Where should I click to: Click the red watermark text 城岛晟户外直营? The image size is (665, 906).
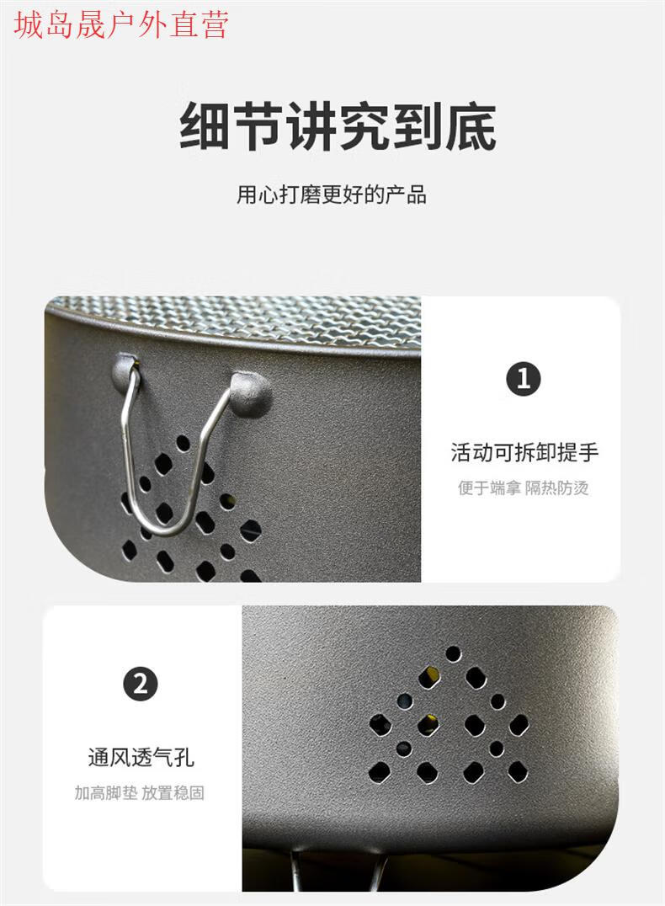pos(121,24)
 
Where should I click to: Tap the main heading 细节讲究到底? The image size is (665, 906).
pos(338,126)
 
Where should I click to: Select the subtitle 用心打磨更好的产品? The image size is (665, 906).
pos(332,195)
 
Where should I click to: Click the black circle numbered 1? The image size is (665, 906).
pos(524,379)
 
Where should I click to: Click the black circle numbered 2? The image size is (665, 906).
pos(141,684)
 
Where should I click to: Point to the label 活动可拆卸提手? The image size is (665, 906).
pos(524,452)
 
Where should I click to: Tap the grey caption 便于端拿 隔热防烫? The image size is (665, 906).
pos(524,488)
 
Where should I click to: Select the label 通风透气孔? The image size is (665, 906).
pos(141,756)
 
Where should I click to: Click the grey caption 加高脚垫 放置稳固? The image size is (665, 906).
pos(140,792)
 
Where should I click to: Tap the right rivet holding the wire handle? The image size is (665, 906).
pos(251,393)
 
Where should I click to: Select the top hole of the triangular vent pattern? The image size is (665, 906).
pos(454,653)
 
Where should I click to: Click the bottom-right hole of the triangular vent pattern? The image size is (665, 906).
pos(517,771)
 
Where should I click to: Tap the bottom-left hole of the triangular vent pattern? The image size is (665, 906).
pos(380,772)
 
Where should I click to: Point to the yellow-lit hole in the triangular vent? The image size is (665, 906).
pos(429,677)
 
